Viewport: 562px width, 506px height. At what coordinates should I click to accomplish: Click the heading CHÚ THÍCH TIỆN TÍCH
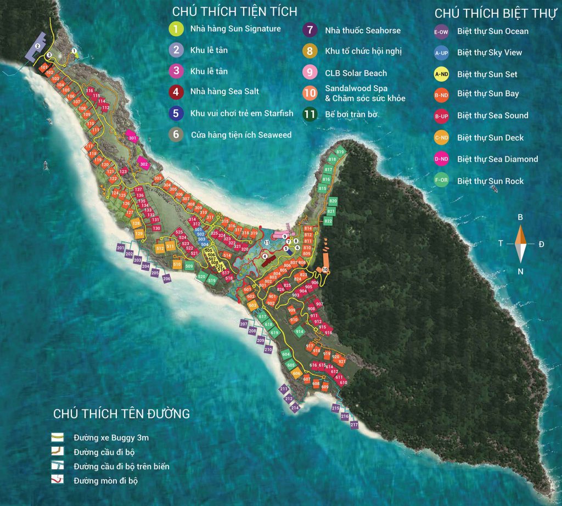(x=234, y=12)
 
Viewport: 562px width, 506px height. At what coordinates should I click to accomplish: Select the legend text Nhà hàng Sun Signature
(x=235, y=29)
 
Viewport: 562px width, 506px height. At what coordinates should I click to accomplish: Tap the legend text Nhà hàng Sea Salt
(x=224, y=92)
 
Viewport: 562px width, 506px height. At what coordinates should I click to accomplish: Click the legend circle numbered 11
(x=310, y=115)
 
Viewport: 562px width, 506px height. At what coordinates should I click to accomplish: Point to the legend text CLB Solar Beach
(x=356, y=73)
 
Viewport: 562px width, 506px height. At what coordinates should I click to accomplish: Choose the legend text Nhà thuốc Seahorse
(x=363, y=31)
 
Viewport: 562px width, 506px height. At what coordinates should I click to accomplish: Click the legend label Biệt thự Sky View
(x=489, y=53)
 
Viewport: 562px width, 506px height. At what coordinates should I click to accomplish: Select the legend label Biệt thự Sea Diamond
(x=497, y=159)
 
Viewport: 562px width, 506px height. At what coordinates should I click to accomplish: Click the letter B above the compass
(x=520, y=217)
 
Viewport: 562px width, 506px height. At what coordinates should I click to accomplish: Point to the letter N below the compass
(x=520, y=271)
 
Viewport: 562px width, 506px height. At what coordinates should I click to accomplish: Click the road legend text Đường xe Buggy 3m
(x=111, y=438)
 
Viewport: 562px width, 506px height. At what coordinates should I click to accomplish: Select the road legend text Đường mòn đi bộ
(x=105, y=481)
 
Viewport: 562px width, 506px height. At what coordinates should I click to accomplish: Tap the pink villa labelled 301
(x=132, y=138)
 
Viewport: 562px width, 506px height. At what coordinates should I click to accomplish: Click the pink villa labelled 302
(x=144, y=164)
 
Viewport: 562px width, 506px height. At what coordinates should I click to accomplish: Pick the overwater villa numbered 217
(x=354, y=425)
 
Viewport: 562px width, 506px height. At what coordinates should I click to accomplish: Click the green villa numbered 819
(x=340, y=152)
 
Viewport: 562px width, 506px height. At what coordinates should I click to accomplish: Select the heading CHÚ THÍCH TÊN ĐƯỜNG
(x=121, y=414)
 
